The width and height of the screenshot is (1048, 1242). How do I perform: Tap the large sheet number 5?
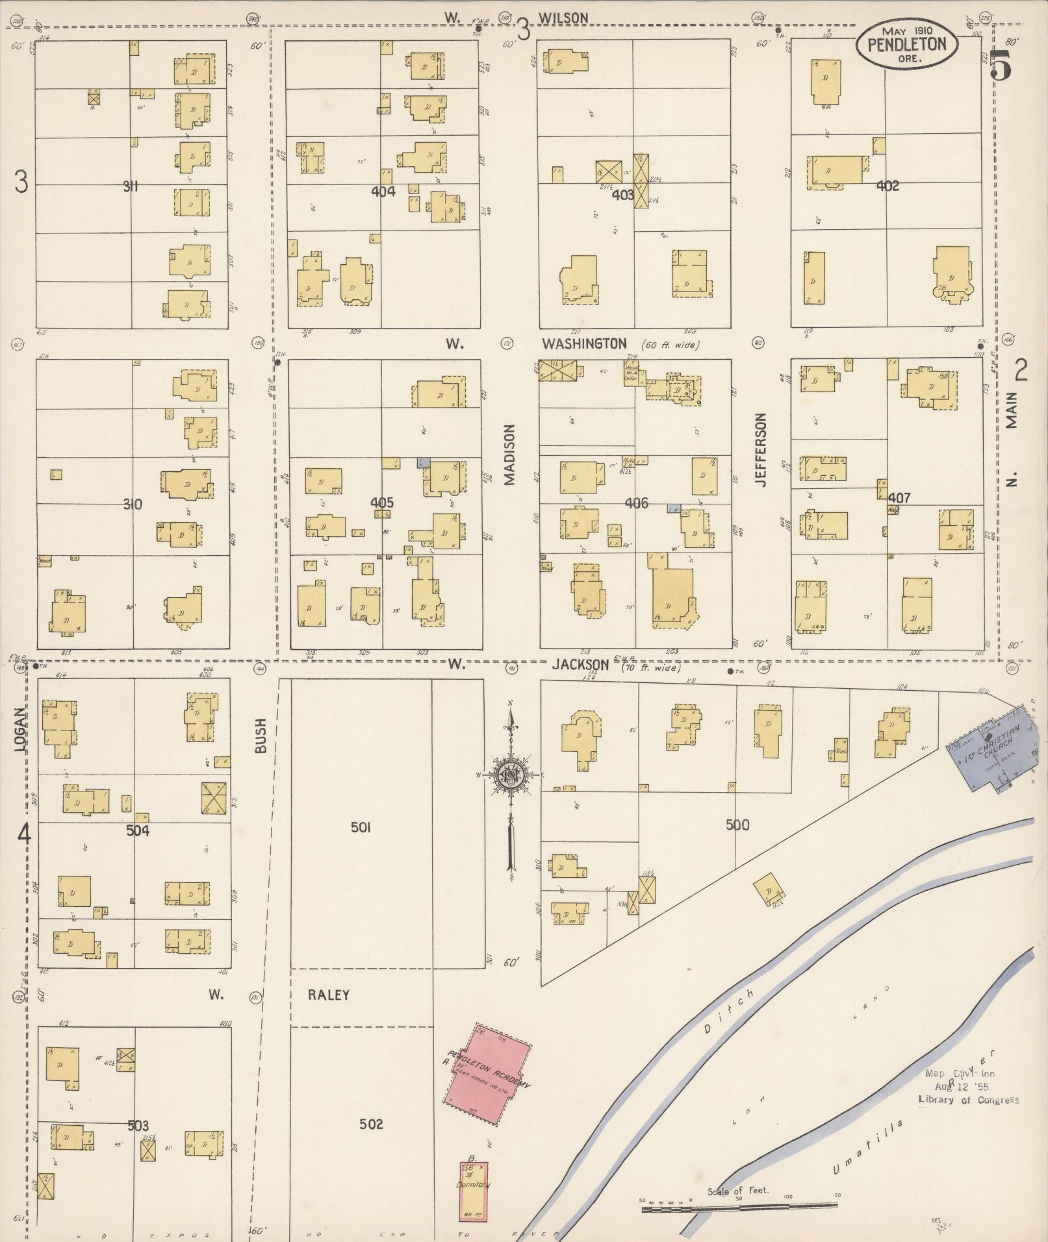pos(1001,65)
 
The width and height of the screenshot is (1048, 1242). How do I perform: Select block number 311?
pos(131,187)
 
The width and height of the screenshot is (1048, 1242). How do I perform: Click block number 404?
pos(383,192)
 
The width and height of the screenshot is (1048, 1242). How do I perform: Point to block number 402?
pos(888,186)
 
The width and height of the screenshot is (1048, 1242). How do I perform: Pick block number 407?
pos(899,498)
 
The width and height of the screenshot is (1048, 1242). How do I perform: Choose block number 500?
pos(737,825)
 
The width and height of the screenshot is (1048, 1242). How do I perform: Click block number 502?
pos(371,1124)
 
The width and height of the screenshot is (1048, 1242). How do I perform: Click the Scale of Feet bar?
pos(739,1208)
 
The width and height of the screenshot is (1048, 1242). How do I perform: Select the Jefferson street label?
pos(761,450)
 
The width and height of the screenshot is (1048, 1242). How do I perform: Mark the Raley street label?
pos(329,995)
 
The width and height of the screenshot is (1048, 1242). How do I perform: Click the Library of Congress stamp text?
pos(968,1099)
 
